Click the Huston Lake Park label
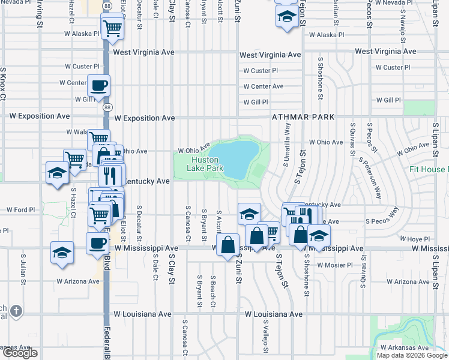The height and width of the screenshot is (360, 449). pos(208,164)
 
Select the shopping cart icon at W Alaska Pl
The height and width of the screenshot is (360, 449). pos(112,28)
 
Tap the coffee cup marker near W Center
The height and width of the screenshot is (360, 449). pos(99,85)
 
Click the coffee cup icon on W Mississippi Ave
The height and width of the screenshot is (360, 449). pos(98,244)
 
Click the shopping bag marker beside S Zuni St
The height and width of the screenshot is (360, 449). pos(228,245)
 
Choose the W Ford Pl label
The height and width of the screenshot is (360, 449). pos(22,210)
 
